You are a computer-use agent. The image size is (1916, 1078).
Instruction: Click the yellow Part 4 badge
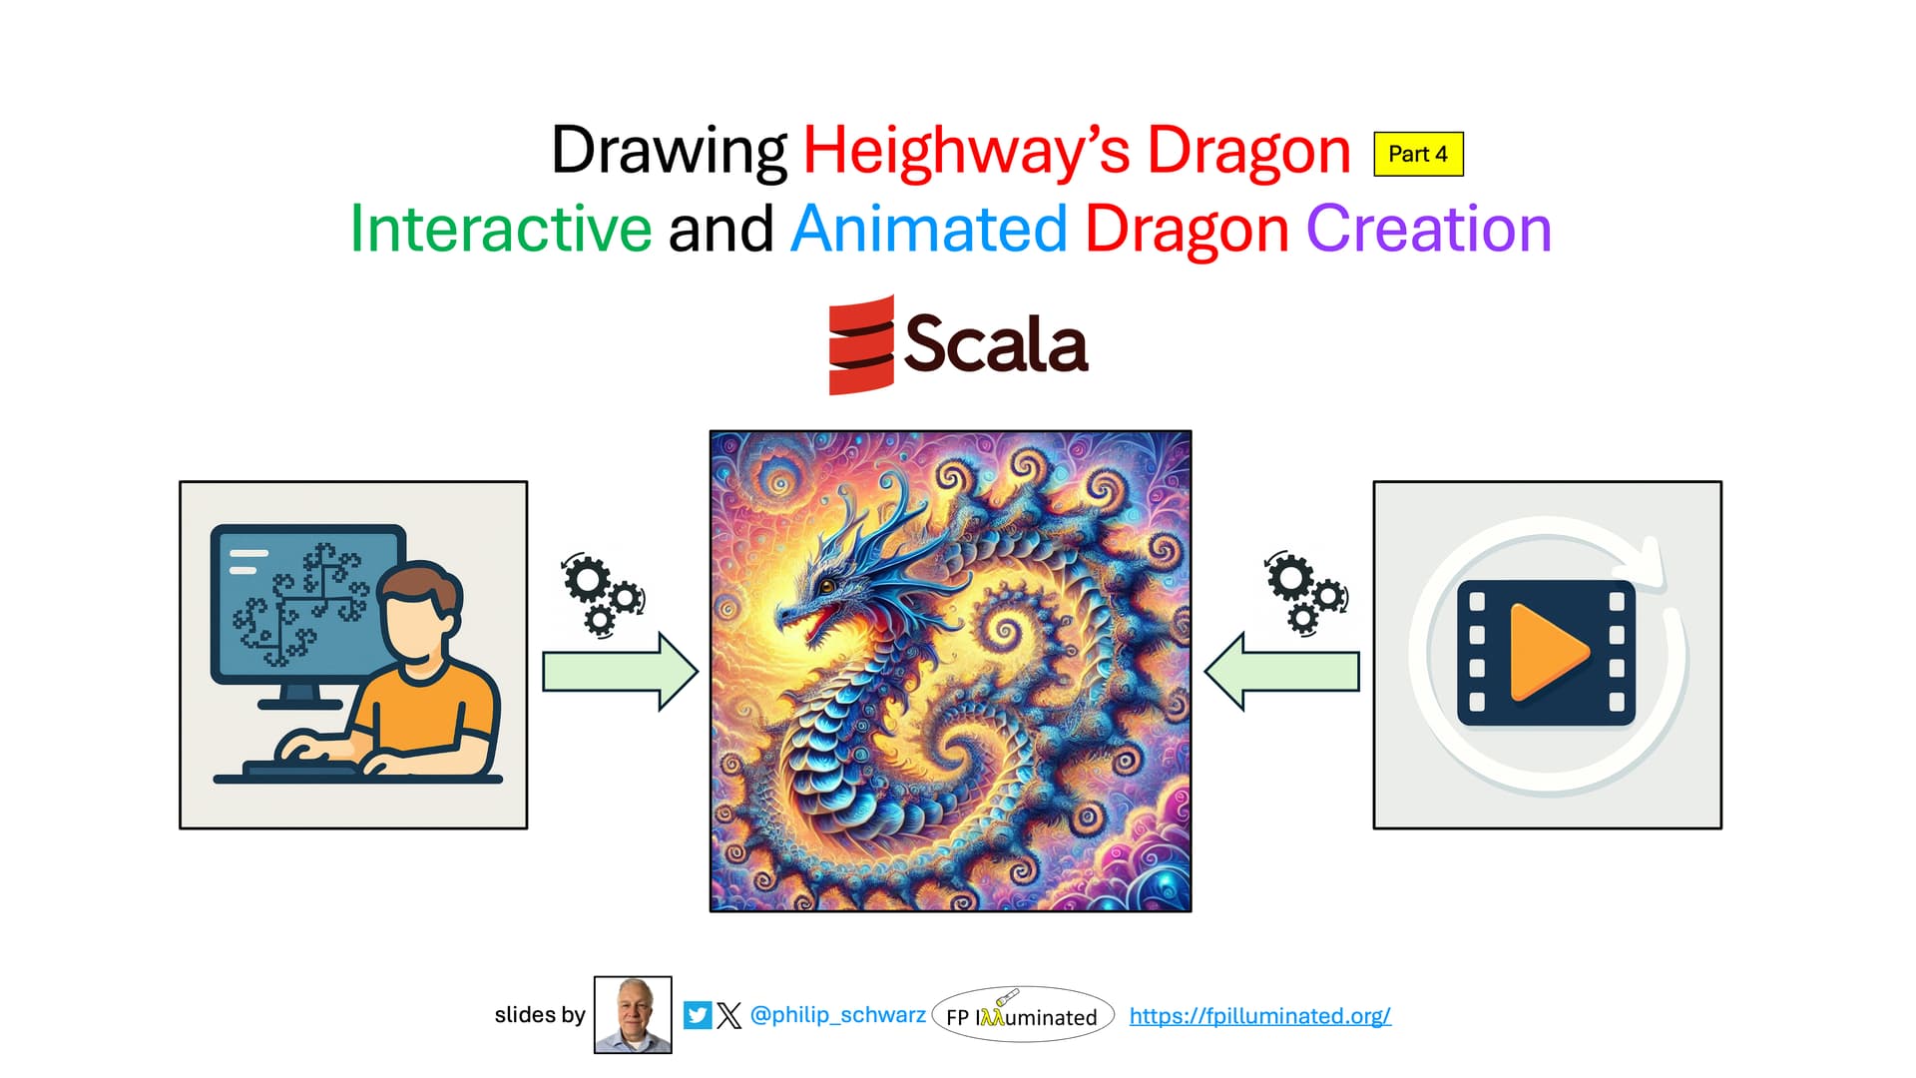pyautogui.click(x=1418, y=154)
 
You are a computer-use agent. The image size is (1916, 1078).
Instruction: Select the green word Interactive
pyautogui.click(x=501, y=229)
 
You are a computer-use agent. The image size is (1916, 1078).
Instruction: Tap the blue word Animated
pyautogui.click(x=929, y=229)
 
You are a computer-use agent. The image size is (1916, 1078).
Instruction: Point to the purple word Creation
pyautogui.click(x=1429, y=229)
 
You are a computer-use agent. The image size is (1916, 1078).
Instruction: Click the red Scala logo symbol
pyautogui.click(x=861, y=344)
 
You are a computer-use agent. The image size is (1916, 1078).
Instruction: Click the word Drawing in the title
pyautogui.click(x=669, y=153)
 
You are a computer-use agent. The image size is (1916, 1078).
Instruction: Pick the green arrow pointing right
pyautogui.click(x=620, y=671)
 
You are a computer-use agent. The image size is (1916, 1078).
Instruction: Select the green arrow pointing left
pyautogui.click(x=1282, y=671)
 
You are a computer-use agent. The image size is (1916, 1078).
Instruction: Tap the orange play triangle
pyautogui.click(x=1547, y=652)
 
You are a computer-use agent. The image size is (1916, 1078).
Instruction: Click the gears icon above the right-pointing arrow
pyautogui.click(x=603, y=595)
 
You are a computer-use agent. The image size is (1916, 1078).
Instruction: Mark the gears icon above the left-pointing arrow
pyautogui.click(x=1306, y=593)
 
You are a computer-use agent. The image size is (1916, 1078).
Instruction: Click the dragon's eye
pyautogui.click(x=827, y=586)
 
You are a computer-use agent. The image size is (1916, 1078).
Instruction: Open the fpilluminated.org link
pyautogui.click(x=1259, y=1015)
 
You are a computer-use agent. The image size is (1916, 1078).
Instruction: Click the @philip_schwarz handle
pyautogui.click(x=837, y=1014)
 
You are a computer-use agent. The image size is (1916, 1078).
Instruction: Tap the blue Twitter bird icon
pyautogui.click(x=698, y=1015)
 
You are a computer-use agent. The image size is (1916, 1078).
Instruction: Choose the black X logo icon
pyautogui.click(x=729, y=1015)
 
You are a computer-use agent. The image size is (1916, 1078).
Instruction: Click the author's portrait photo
pyautogui.click(x=633, y=1015)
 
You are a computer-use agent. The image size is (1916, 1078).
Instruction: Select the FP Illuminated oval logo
pyautogui.click(x=1023, y=1015)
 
